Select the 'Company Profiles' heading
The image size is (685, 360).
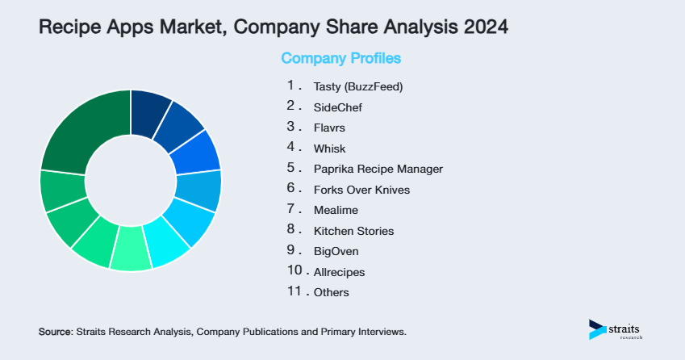click(340, 59)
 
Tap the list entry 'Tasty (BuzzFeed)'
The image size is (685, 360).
click(357, 86)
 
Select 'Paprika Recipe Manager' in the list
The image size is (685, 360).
click(378, 169)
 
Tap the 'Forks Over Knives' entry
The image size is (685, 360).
click(361, 190)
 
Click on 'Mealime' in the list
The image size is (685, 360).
click(336, 210)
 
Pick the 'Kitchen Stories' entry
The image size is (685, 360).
click(353, 231)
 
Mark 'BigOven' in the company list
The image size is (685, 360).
click(336, 251)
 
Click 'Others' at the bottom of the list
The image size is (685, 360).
click(332, 292)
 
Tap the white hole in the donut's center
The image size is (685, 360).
click(130, 180)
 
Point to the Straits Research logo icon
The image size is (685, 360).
click(597, 329)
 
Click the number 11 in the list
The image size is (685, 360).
click(293, 291)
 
